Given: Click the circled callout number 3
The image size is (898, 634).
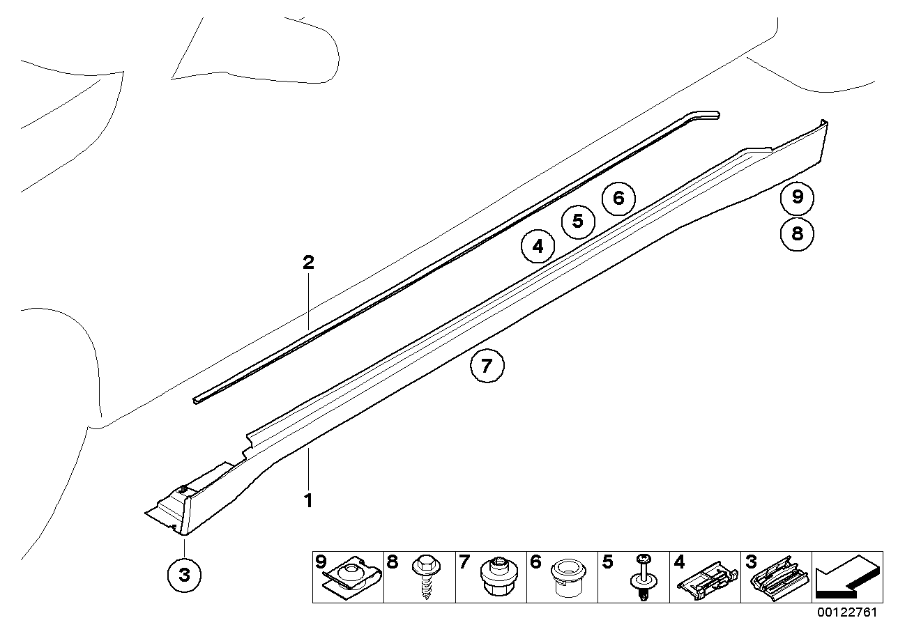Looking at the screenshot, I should point(184,575).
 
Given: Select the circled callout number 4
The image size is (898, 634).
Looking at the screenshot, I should point(537,246).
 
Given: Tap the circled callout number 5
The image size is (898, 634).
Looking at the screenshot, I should point(577,222).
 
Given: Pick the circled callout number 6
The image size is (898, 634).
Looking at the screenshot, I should point(618,199).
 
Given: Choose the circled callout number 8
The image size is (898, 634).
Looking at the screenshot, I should point(797,233).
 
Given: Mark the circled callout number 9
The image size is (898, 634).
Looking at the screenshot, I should point(797,198).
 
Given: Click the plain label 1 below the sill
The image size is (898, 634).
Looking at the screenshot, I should point(307,500).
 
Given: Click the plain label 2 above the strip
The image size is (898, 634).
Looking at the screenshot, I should point(307,263).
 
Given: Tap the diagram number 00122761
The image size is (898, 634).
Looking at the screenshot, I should point(847,612).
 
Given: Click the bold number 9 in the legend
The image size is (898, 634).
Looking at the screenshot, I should point(321,562).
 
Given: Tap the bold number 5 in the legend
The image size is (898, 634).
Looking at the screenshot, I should point(607,562).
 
